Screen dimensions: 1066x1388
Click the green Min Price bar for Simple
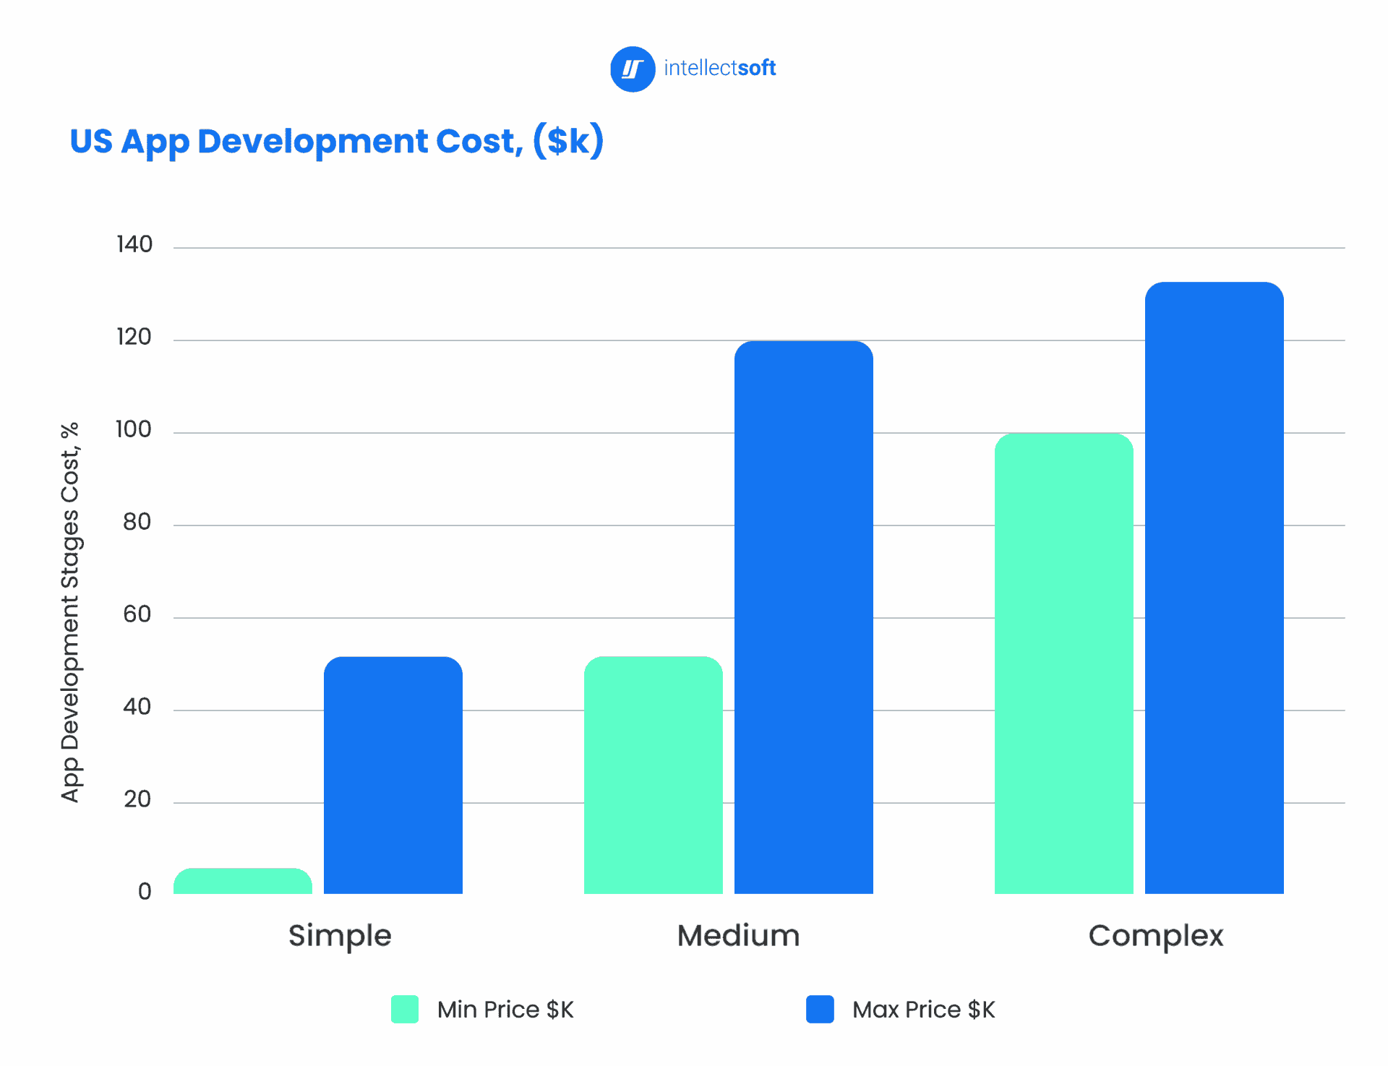pyautogui.click(x=243, y=882)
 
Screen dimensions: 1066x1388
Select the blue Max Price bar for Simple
pyautogui.click(x=393, y=775)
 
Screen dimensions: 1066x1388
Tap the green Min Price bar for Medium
pyautogui.click(x=653, y=775)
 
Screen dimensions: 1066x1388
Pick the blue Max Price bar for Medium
pyautogui.click(x=803, y=618)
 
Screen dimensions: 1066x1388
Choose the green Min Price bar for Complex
pyautogui.click(x=1063, y=663)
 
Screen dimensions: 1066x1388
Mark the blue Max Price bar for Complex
pyautogui.click(x=1214, y=588)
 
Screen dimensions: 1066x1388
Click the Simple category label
pyautogui.click(x=340, y=936)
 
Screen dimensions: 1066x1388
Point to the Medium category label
pyautogui.click(x=738, y=936)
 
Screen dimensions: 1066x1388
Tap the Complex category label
pyautogui.click(x=1155, y=936)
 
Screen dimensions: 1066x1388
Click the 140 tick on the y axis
pyautogui.click(x=134, y=245)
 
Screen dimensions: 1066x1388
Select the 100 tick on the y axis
pyautogui.click(x=134, y=430)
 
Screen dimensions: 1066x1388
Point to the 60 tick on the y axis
pyautogui.click(x=137, y=615)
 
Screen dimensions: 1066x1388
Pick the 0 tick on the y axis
pyautogui.click(x=145, y=892)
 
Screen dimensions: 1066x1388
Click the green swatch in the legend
pyautogui.click(x=405, y=1009)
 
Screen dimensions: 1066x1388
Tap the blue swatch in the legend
pyautogui.click(x=820, y=1009)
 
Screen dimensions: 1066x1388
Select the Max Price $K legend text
pyautogui.click(x=923, y=1010)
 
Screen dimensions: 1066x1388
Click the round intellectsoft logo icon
pyautogui.click(x=633, y=69)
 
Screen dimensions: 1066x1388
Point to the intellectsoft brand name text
pyautogui.click(x=719, y=69)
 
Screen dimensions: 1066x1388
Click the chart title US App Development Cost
pyautogui.click(x=336, y=142)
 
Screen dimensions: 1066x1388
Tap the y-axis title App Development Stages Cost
pyautogui.click(x=70, y=612)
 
